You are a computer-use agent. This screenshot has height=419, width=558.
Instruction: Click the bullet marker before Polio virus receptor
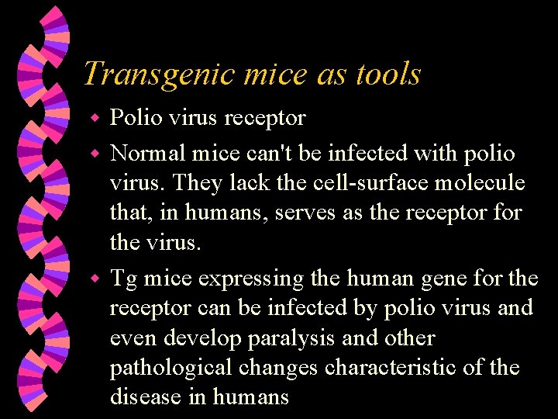click(x=95, y=119)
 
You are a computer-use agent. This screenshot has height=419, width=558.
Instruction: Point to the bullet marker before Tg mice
click(x=95, y=277)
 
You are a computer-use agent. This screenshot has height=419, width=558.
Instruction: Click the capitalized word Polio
click(x=135, y=118)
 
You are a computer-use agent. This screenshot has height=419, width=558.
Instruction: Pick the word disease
click(x=146, y=397)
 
